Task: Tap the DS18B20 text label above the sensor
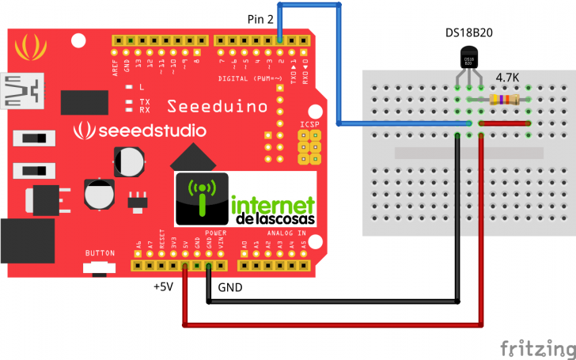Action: pyautogui.click(x=469, y=32)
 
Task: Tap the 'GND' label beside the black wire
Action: pyautogui.click(x=230, y=286)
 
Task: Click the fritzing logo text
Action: pyautogui.click(x=536, y=348)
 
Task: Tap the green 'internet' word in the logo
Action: pyautogui.click(x=273, y=204)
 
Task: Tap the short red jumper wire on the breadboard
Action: pyautogui.click(x=505, y=124)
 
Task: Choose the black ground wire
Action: pyautogui.click(x=332, y=301)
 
